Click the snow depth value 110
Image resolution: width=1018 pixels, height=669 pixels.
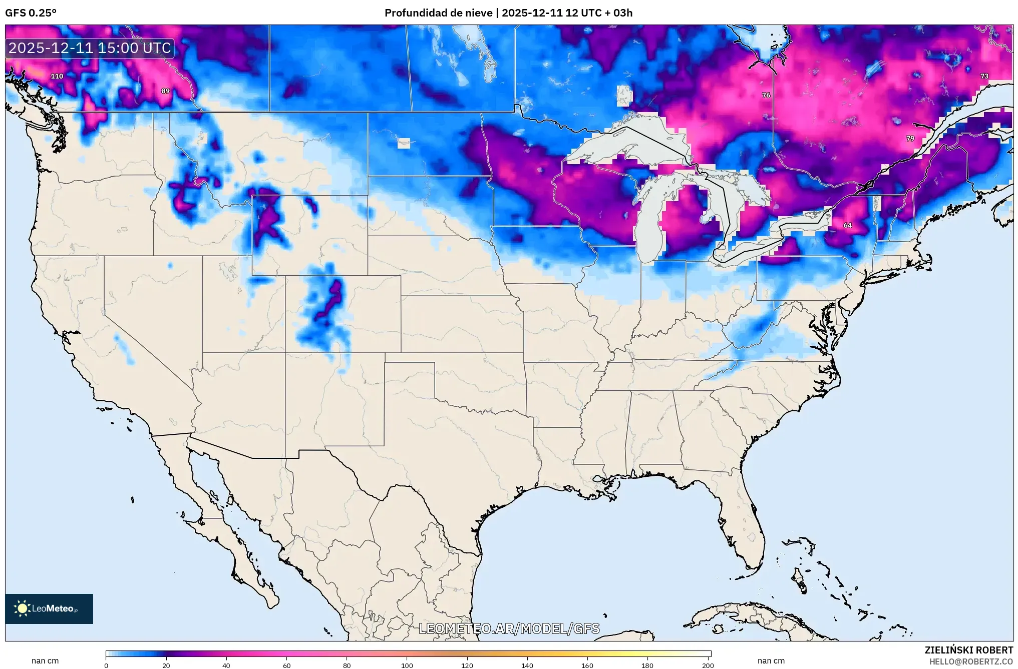coord(57,76)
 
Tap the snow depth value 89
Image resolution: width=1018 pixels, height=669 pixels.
coord(165,91)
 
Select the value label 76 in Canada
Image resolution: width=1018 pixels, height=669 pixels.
coord(766,95)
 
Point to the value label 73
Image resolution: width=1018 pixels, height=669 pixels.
coord(984,76)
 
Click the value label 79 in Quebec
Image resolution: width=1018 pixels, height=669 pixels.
coord(910,139)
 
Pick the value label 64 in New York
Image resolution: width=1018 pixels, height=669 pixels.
coord(847,225)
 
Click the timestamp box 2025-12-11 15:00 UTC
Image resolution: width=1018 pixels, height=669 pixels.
coord(90,48)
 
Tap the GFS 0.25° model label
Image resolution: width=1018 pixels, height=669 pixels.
coord(31,13)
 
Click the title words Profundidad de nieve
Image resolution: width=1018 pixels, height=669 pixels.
coord(438,13)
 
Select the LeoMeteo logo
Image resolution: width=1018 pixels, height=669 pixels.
coord(49,608)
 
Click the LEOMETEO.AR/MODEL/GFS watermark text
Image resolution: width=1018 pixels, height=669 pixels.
coord(509,628)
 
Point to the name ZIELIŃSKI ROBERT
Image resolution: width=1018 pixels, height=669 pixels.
coord(968,650)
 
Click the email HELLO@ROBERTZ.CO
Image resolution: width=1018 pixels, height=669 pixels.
coord(971,661)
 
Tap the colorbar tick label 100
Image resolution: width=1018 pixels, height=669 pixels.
coord(407,665)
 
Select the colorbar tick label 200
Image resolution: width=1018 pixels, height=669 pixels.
coord(708,665)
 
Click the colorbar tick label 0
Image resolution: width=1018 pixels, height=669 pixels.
coord(106,665)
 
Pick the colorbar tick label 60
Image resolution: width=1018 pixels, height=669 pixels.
coord(286,665)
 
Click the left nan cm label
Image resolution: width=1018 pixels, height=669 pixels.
coord(45,660)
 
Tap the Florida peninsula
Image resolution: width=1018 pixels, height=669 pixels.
coord(741,520)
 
